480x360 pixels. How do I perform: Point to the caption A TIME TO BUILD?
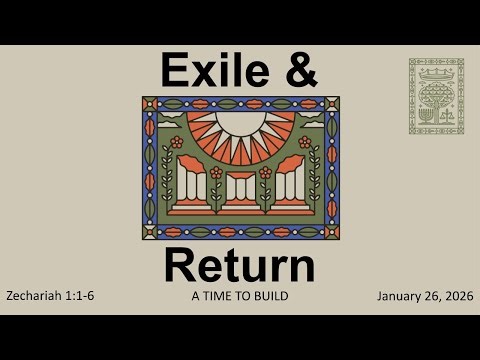coord(240,296)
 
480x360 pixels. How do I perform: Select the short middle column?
coord(240,190)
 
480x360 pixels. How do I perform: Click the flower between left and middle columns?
coord(215,172)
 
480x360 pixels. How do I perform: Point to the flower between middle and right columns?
coord(265,172)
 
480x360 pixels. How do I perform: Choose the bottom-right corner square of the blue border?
coord(332,233)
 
